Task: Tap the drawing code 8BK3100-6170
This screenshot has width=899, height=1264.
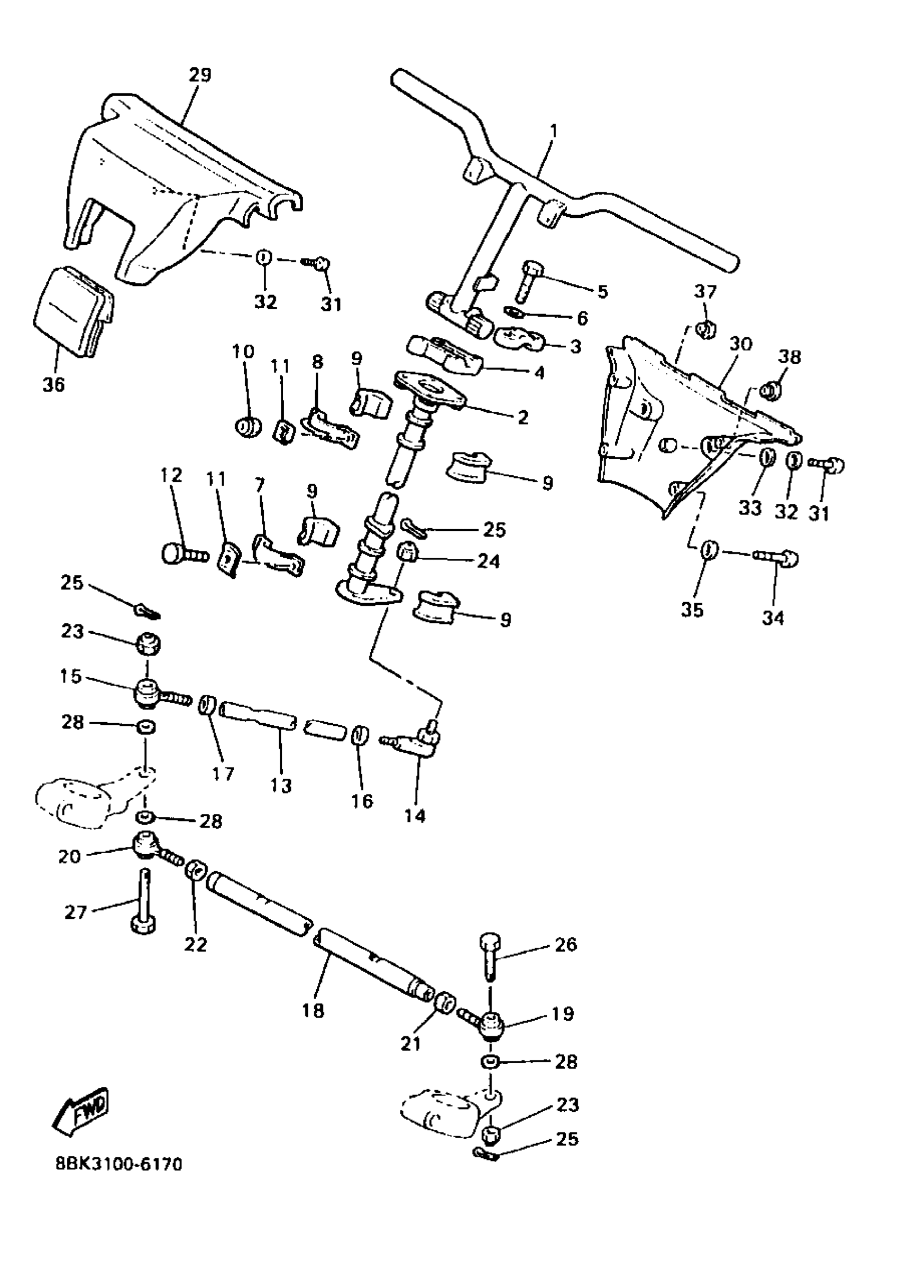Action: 118,1165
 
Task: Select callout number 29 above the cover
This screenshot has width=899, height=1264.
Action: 200,75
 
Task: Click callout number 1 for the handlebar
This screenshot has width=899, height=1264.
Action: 554,131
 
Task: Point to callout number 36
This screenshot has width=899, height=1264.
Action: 54,384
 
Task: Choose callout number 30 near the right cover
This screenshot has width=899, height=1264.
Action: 741,344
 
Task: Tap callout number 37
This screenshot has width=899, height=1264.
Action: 705,292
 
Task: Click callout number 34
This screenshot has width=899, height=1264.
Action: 773,617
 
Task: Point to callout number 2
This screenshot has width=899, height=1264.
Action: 522,417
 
